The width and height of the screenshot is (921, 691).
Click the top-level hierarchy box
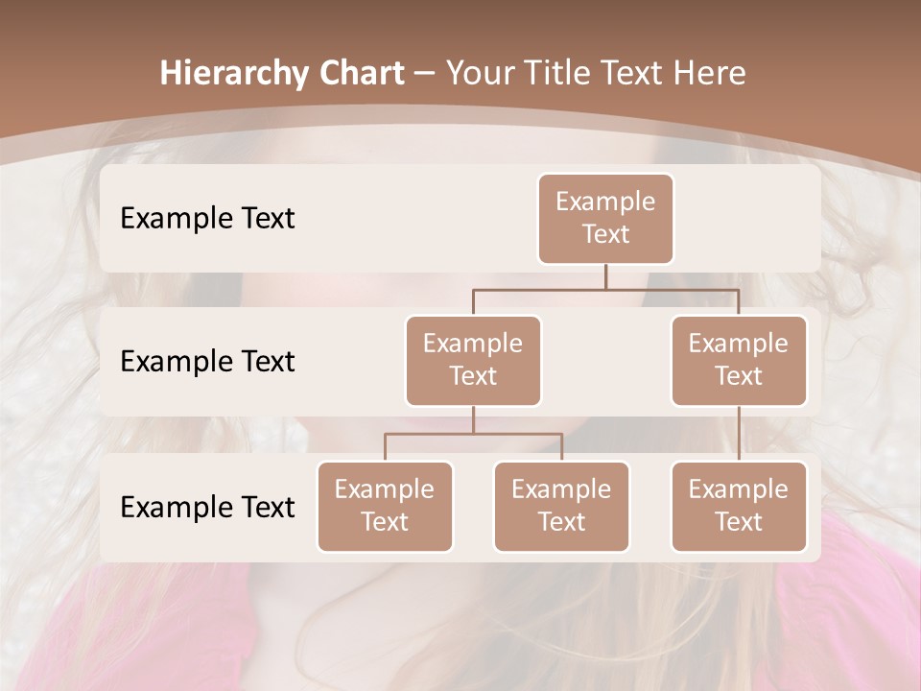[605, 219]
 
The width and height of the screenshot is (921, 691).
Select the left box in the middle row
[473, 361]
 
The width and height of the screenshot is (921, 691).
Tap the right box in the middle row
[739, 361]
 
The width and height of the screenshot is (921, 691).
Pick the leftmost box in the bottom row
[385, 507]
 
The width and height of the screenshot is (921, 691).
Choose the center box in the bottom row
[561, 507]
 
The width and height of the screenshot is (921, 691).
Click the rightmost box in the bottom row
[739, 507]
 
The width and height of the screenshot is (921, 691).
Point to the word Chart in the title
[356, 74]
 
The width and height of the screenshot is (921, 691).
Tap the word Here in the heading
[709, 74]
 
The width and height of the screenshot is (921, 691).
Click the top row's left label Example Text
[207, 219]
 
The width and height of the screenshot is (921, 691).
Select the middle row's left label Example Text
[207, 362]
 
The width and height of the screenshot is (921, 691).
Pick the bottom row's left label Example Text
[207, 508]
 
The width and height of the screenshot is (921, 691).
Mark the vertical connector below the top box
[605, 276]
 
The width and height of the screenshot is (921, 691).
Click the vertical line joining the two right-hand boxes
[739, 434]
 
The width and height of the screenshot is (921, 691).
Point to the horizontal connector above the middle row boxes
[605, 289]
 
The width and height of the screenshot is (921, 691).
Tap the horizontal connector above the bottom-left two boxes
[473, 434]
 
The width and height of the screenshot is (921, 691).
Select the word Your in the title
[478, 74]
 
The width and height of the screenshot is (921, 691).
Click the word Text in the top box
[605, 234]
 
